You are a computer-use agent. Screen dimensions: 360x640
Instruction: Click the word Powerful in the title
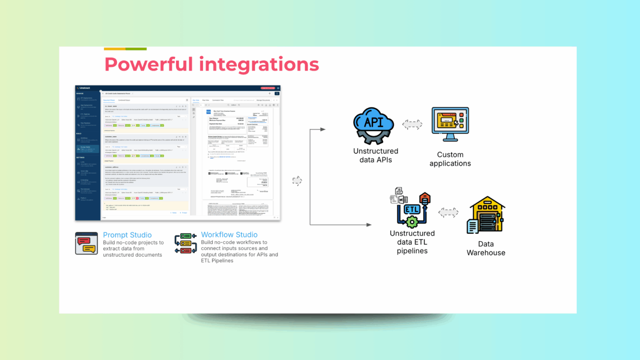(148, 65)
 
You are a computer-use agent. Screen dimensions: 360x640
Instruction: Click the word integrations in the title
(259, 65)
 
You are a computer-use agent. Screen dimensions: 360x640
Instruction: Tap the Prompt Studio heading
(127, 235)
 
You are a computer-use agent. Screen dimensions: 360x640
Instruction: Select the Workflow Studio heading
(229, 235)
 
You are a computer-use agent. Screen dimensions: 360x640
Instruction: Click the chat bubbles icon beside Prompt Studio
(87, 243)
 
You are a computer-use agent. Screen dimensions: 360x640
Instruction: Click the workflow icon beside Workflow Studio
(185, 243)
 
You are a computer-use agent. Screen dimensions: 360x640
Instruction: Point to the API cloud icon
(374, 125)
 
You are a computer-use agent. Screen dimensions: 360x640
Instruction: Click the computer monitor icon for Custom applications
(450, 124)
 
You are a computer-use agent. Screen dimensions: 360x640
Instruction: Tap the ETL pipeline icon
(411, 207)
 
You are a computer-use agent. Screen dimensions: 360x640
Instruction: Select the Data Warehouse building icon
(486, 215)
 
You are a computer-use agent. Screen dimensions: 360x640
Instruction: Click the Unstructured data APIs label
(375, 155)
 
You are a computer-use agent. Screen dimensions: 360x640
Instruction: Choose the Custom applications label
(450, 159)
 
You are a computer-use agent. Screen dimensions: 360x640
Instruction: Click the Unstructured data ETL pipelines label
(412, 242)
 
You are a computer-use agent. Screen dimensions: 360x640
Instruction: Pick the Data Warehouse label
(486, 248)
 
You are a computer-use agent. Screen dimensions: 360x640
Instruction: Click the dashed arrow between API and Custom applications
(412, 124)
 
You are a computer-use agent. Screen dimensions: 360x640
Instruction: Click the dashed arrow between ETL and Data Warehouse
(448, 212)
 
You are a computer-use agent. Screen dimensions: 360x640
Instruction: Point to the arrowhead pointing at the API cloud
(323, 129)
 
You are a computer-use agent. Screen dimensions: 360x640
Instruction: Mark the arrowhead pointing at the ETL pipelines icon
(369, 225)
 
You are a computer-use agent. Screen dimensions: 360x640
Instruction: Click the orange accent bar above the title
(115, 49)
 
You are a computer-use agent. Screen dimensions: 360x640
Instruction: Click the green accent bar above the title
(136, 49)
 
